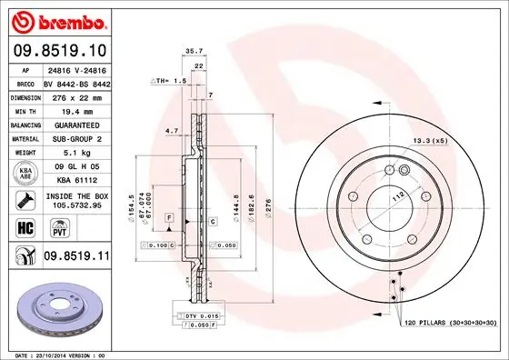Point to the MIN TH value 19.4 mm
[x=77, y=110]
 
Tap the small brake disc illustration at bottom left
[x=60, y=309]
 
